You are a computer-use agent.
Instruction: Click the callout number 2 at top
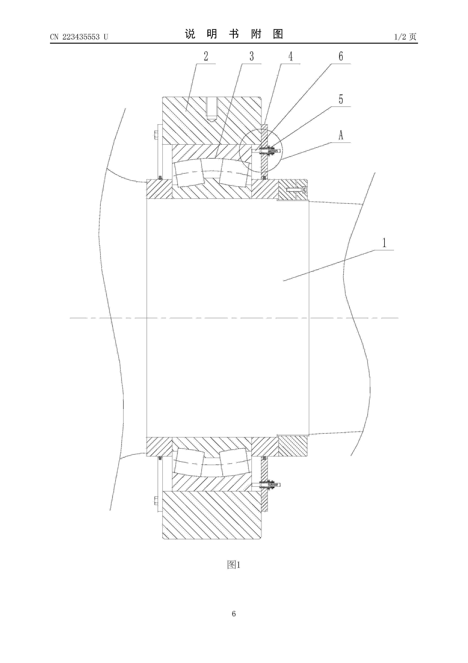[206, 56]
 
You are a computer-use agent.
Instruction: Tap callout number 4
[291, 56]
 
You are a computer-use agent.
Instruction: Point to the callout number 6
[341, 56]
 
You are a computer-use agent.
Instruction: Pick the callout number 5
[341, 99]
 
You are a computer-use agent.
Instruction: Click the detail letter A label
[341, 135]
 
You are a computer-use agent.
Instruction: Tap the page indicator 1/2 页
[405, 37]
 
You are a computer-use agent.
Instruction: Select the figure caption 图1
[234, 565]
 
